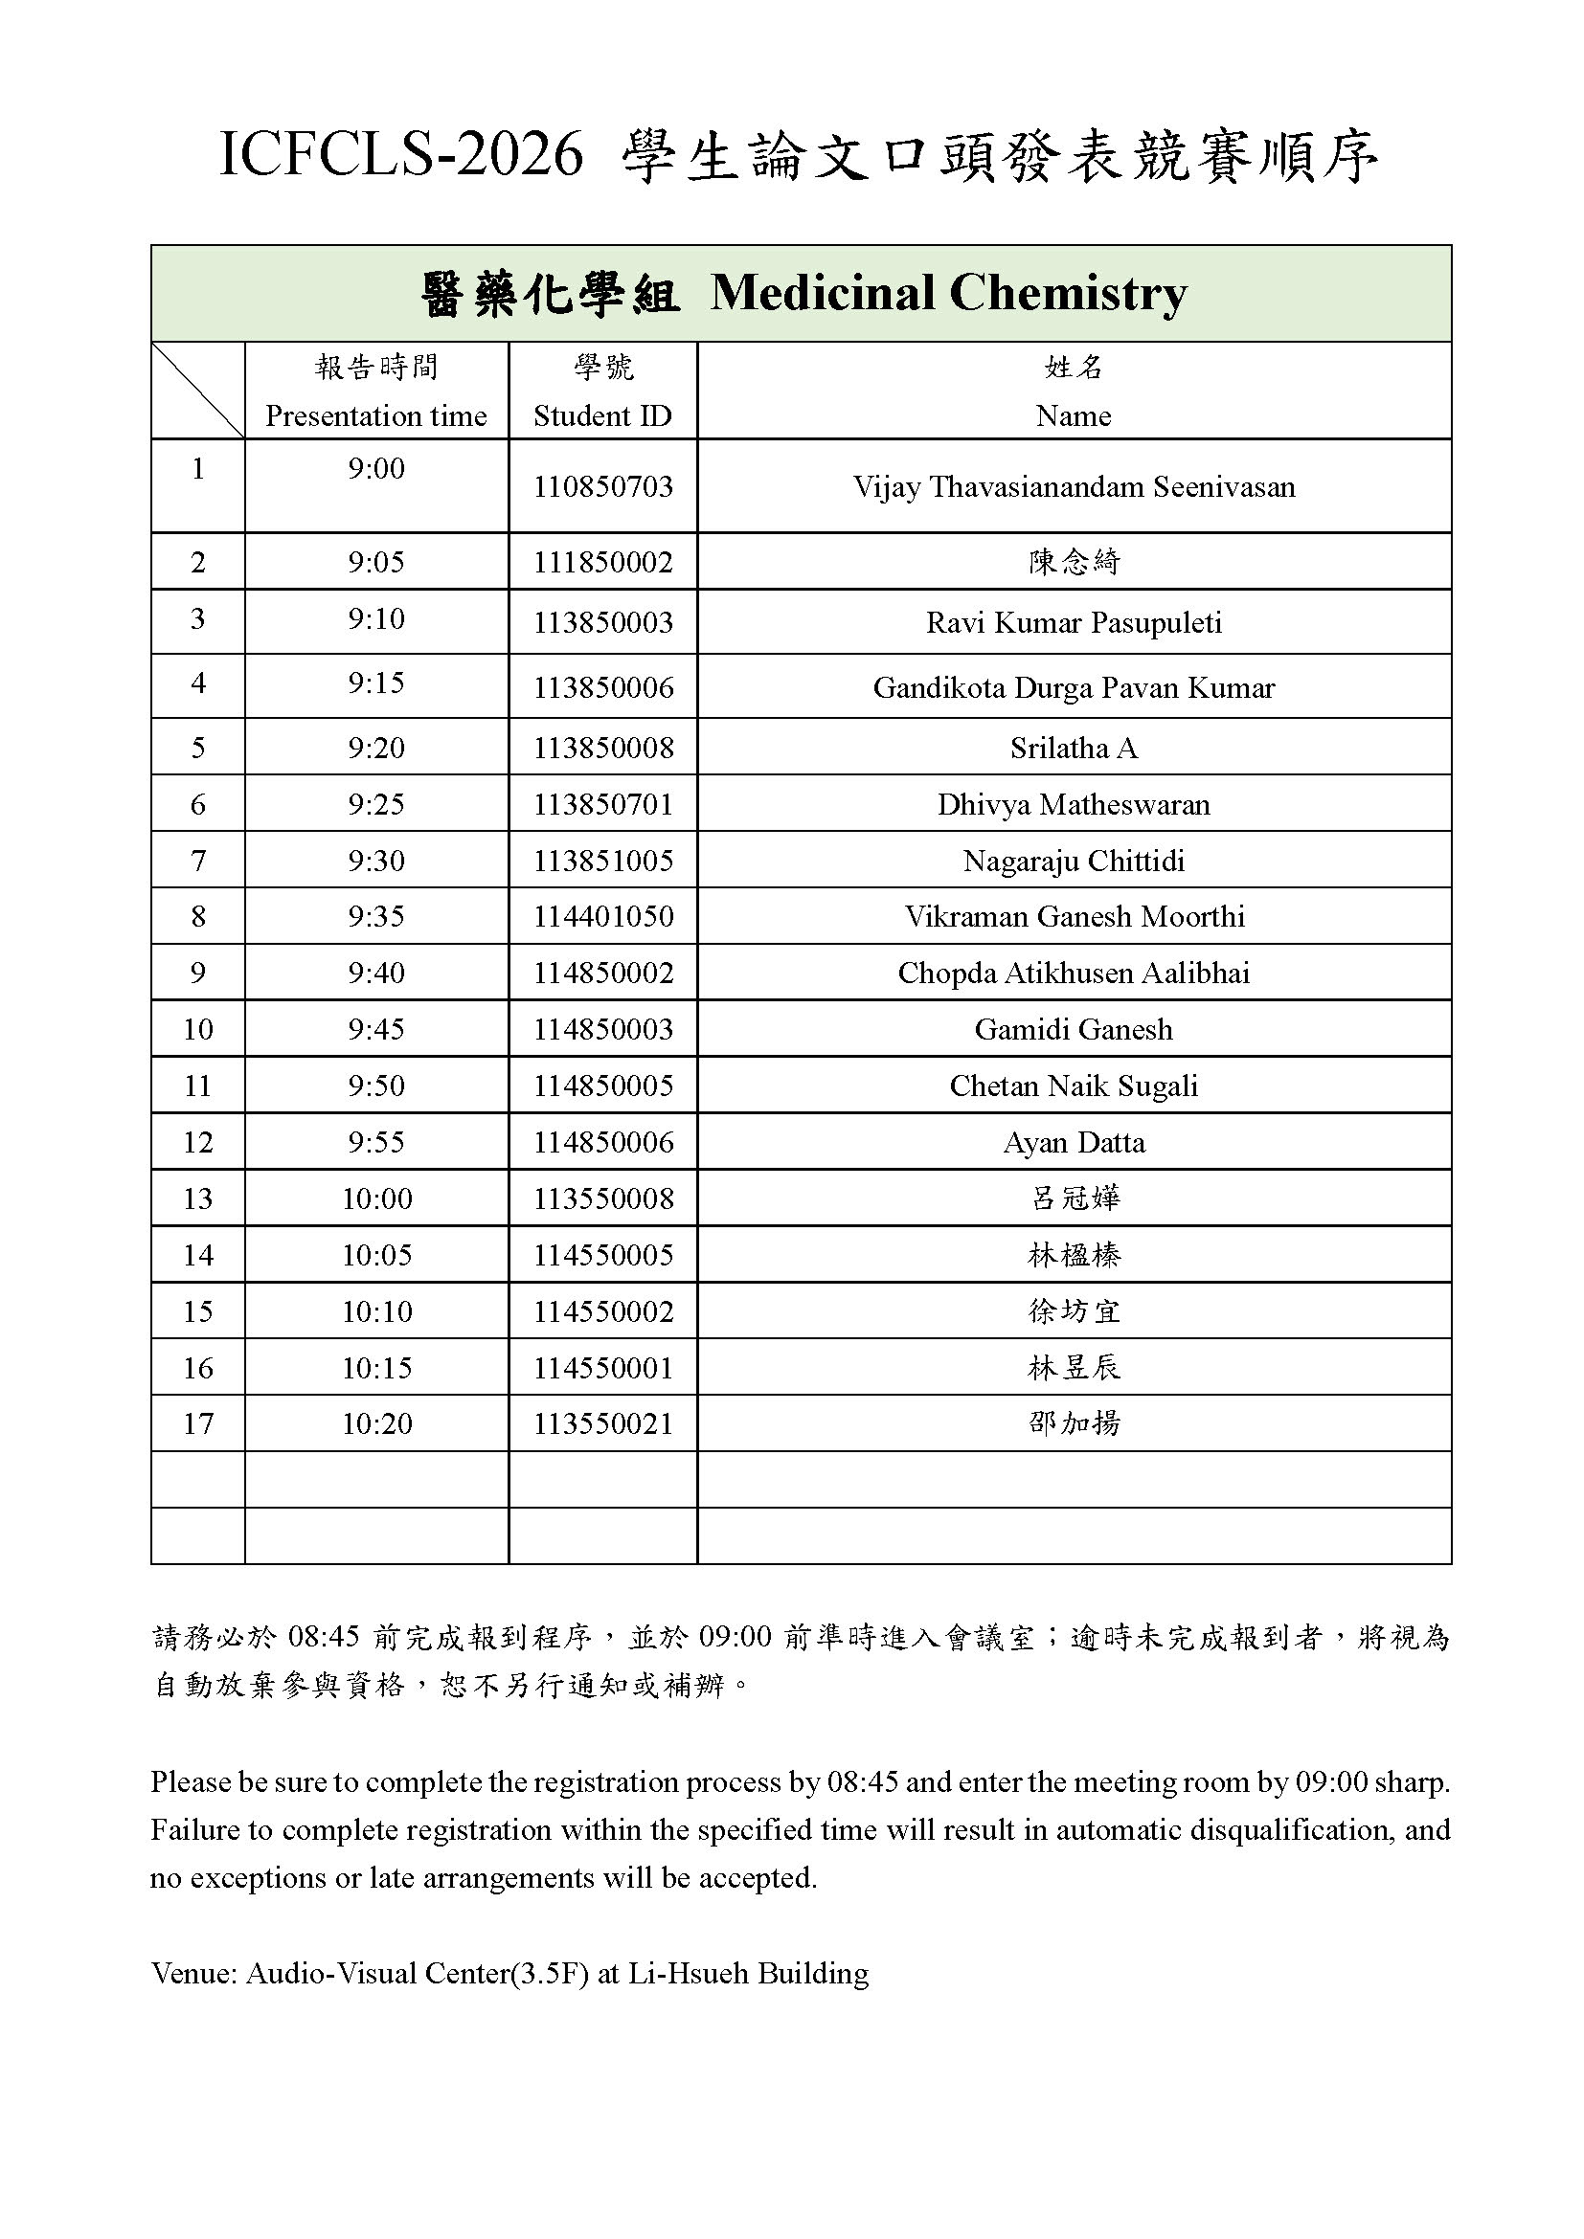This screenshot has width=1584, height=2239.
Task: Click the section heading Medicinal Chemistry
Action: [x=948, y=293]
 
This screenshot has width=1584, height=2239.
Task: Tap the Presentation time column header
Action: [x=375, y=416]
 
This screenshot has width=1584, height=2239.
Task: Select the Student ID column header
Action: [x=601, y=416]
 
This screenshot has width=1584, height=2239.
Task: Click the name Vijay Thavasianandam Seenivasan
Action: [x=1074, y=486]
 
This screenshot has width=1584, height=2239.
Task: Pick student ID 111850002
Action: [x=602, y=563]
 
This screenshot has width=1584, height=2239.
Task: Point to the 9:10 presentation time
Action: [x=375, y=619]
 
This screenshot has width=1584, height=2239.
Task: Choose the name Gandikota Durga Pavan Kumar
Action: [x=1074, y=688]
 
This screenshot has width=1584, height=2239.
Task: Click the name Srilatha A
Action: [x=1074, y=748]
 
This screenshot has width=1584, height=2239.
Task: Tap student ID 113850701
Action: [x=602, y=804]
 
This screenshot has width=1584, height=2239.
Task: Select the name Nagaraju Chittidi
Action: [x=1074, y=862]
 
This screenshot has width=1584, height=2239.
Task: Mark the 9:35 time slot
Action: [x=375, y=917]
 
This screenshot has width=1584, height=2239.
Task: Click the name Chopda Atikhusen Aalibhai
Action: [x=1074, y=974]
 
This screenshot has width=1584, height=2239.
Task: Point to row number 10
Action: [x=198, y=1030]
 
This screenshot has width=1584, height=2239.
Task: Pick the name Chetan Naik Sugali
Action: [x=1074, y=1086]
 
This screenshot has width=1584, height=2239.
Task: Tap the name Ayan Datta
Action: [x=1074, y=1143]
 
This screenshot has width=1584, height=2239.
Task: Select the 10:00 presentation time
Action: [x=376, y=1198]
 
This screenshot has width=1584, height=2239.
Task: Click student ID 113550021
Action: [x=602, y=1424]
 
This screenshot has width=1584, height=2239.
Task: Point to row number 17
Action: [x=198, y=1424]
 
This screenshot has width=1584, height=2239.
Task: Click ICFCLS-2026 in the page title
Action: [x=401, y=156]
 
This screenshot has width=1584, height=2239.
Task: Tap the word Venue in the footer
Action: [x=192, y=1974]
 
